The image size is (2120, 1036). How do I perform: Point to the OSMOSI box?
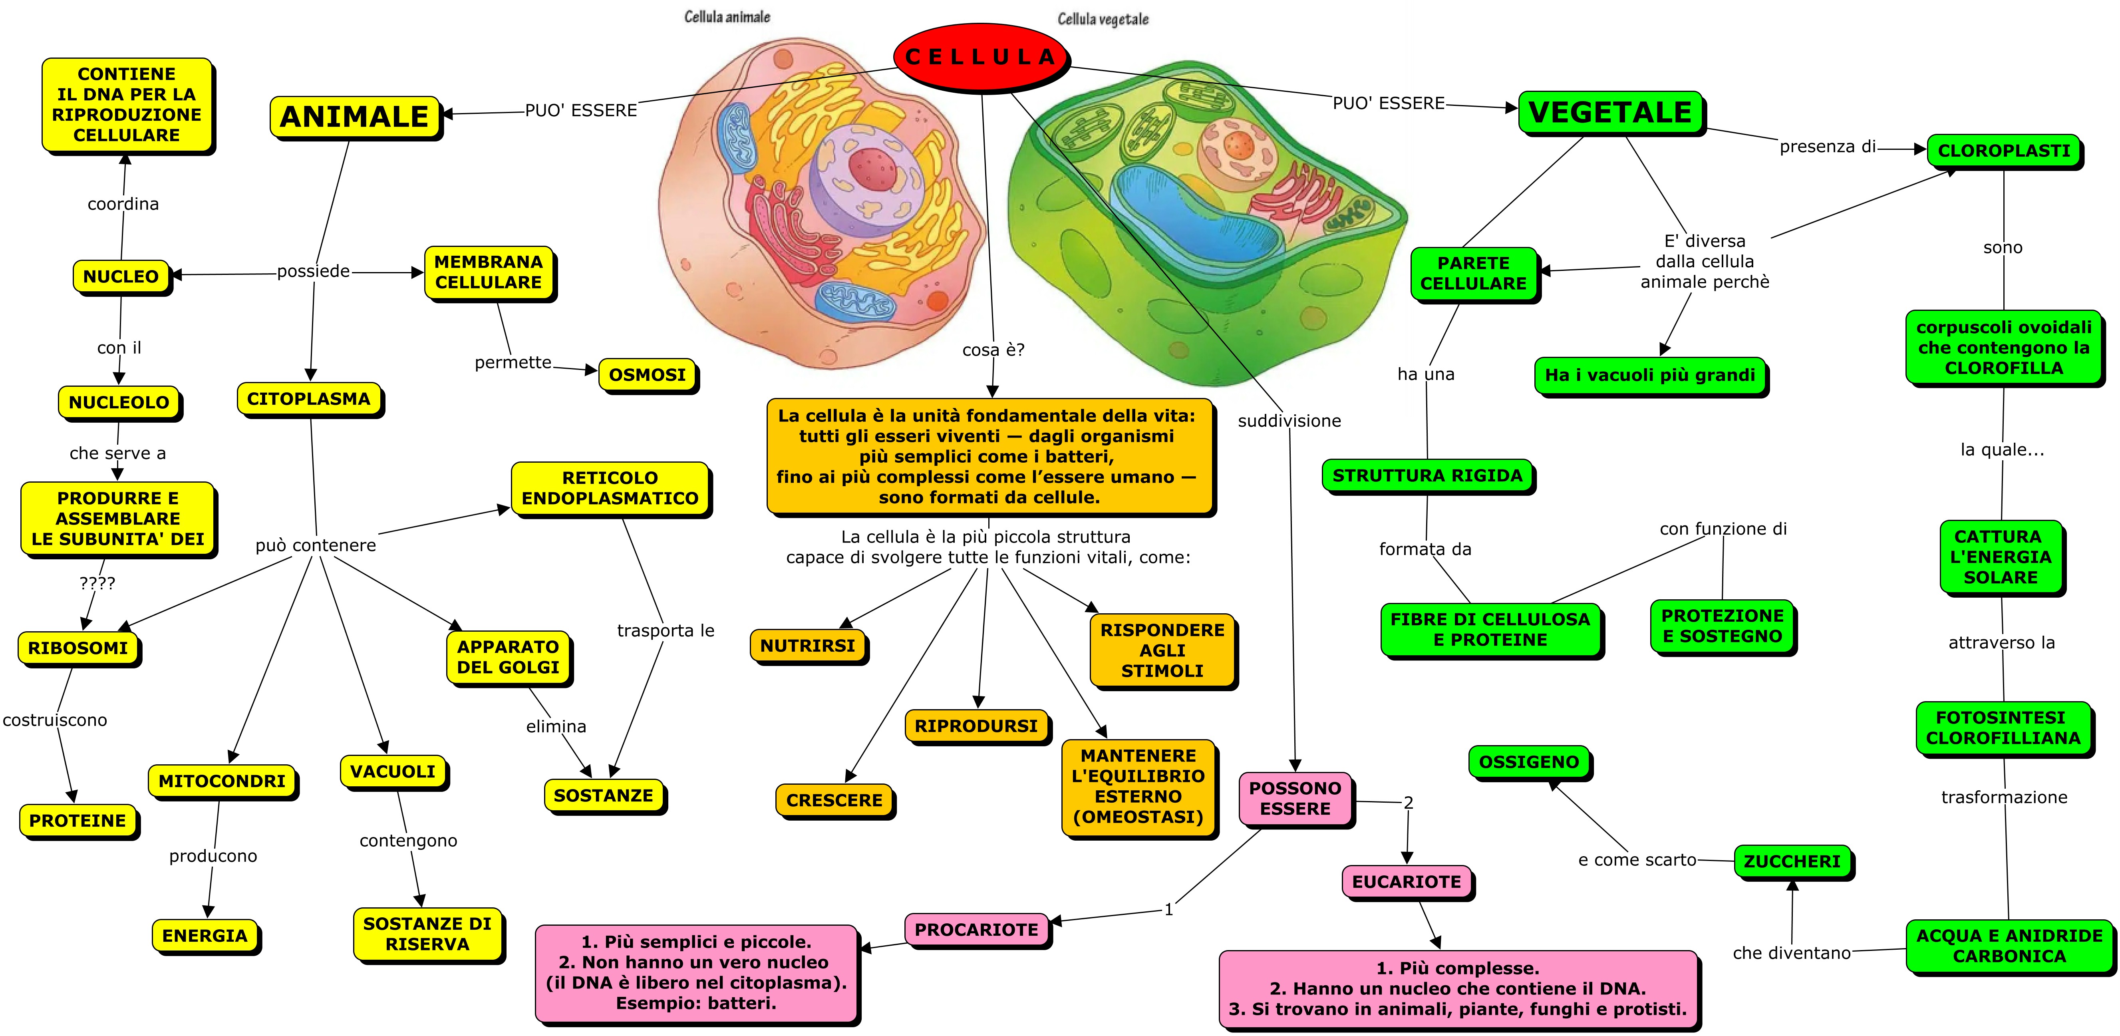pos(647,375)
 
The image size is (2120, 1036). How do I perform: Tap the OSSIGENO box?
pos(1529,762)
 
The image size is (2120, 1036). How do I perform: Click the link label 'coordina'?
pos(123,204)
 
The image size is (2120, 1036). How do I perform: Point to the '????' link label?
pos(97,583)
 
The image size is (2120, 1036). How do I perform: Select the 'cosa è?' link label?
pos(993,350)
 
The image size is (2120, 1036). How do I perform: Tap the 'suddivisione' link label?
pos(1289,422)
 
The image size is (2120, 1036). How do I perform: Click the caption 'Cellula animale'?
pos(727,16)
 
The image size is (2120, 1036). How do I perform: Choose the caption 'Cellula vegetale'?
pos(1103,19)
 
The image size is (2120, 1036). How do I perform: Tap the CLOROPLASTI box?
pos(2003,151)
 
